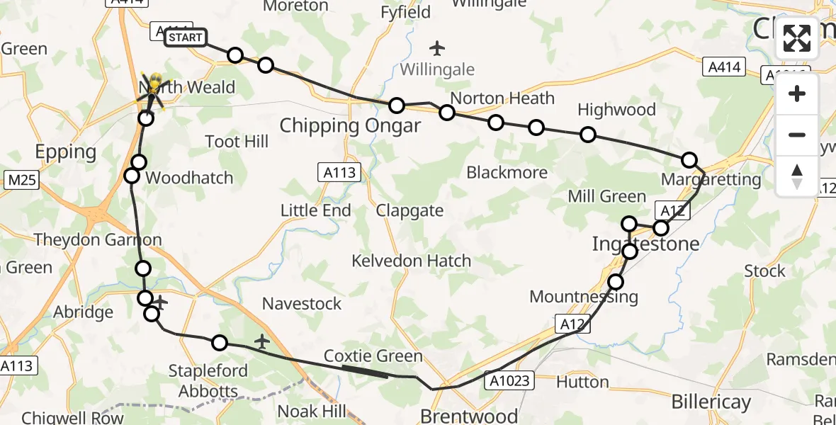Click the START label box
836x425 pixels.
[186, 38]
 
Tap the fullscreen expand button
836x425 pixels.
[797, 38]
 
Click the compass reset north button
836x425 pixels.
[797, 176]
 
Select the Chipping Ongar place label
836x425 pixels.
[350, 126]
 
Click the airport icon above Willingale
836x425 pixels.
[436, 49]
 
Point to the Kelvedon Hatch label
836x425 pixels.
[411, 261]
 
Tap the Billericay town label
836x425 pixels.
[711, 402]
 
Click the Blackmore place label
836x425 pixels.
[507, 172]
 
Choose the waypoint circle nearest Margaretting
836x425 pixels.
[689, 160]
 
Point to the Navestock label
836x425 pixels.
[302, 304]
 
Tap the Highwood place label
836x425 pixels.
[616, 110]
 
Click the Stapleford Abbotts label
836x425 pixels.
[208, 381]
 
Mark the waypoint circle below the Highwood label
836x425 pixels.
[587, 135]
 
